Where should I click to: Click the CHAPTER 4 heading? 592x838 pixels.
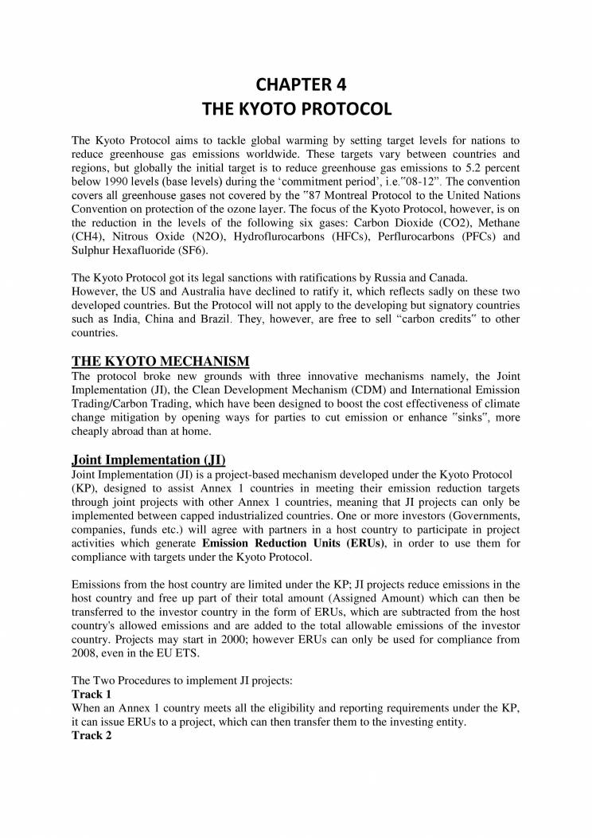[x=296, y=83]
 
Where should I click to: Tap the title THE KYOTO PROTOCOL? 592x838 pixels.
[x=296, y=108]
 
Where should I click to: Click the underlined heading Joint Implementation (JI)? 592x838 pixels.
[x=149, y=460]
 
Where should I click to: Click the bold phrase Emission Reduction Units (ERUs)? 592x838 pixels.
[x=294, y=543]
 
